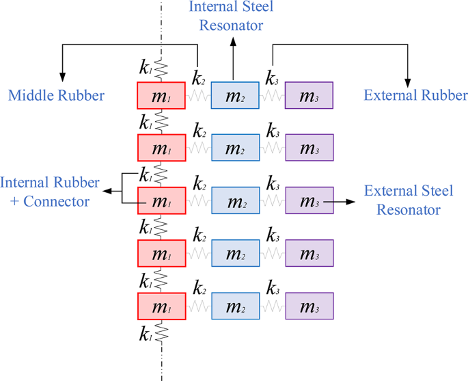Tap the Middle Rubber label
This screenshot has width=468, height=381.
tap(56, 95)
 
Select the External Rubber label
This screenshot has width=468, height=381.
tap(415, 95)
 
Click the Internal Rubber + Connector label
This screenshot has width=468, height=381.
tap(50, 192)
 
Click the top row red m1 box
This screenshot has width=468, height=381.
tap(161, 96)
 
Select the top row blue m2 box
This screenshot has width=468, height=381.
tap(235, 96)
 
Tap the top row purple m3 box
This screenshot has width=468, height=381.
tap(309, 96)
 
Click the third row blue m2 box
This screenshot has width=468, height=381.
tap(235, 201)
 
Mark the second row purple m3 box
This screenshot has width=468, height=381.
tap(309, 148)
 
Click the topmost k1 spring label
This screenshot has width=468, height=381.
tap(146, 67)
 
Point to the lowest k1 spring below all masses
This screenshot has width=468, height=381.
tap(162, 333)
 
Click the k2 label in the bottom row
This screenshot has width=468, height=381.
tap(199, 287)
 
